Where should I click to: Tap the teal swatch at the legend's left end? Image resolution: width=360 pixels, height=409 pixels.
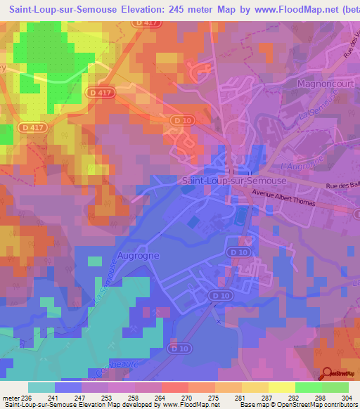(41, 387)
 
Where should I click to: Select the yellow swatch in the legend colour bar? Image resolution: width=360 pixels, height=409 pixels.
(281, 387)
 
